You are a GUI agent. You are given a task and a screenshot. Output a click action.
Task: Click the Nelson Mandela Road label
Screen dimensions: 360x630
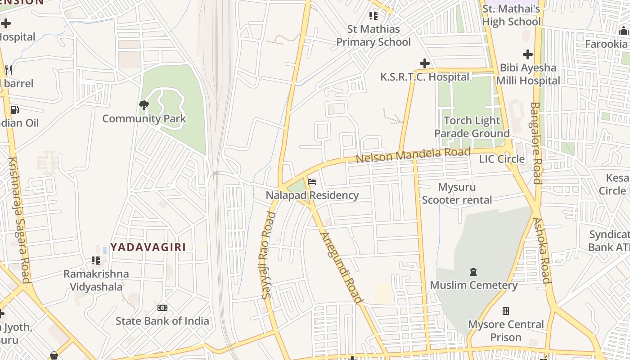coord(413,155)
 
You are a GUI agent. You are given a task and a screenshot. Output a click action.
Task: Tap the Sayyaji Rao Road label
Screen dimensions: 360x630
coord(267,255)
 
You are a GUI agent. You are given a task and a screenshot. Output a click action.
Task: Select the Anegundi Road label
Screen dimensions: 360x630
coord(341,268)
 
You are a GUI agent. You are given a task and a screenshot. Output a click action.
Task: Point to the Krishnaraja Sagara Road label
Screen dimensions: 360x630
coord(19,220)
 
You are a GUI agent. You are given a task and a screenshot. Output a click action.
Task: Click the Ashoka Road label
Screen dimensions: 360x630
coord(542,250)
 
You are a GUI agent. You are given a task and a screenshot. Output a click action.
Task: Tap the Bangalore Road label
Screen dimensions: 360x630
coord(535,143)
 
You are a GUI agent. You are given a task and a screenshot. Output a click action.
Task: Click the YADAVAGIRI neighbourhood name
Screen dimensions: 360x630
coord(148,247)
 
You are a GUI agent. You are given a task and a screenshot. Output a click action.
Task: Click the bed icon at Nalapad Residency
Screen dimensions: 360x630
coord(312,182)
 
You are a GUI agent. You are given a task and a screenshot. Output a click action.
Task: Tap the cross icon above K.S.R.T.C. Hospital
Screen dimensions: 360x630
coord(424,63)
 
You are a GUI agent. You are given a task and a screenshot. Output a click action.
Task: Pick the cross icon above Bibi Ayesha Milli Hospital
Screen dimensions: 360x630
coord(528,54)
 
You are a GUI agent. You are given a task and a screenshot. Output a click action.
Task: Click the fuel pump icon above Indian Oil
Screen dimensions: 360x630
coord(14,110)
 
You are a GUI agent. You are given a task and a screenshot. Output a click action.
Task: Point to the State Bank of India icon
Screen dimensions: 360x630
coord(162,308)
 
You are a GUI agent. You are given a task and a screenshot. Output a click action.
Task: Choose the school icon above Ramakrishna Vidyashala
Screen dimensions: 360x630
coord(96,261)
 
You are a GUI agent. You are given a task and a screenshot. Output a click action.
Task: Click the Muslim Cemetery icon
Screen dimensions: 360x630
coord(473,272)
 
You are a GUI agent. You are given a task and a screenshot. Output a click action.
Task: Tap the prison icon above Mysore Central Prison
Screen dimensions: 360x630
coord(506,311)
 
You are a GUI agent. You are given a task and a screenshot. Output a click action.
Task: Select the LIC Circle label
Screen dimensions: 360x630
coord(502,159)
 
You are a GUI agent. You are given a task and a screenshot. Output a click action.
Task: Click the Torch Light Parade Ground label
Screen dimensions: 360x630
coord(472,127)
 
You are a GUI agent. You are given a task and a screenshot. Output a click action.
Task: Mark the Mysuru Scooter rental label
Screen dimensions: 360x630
coord(457,193)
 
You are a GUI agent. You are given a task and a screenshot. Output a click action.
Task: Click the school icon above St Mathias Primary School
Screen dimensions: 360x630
coord(373,16)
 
